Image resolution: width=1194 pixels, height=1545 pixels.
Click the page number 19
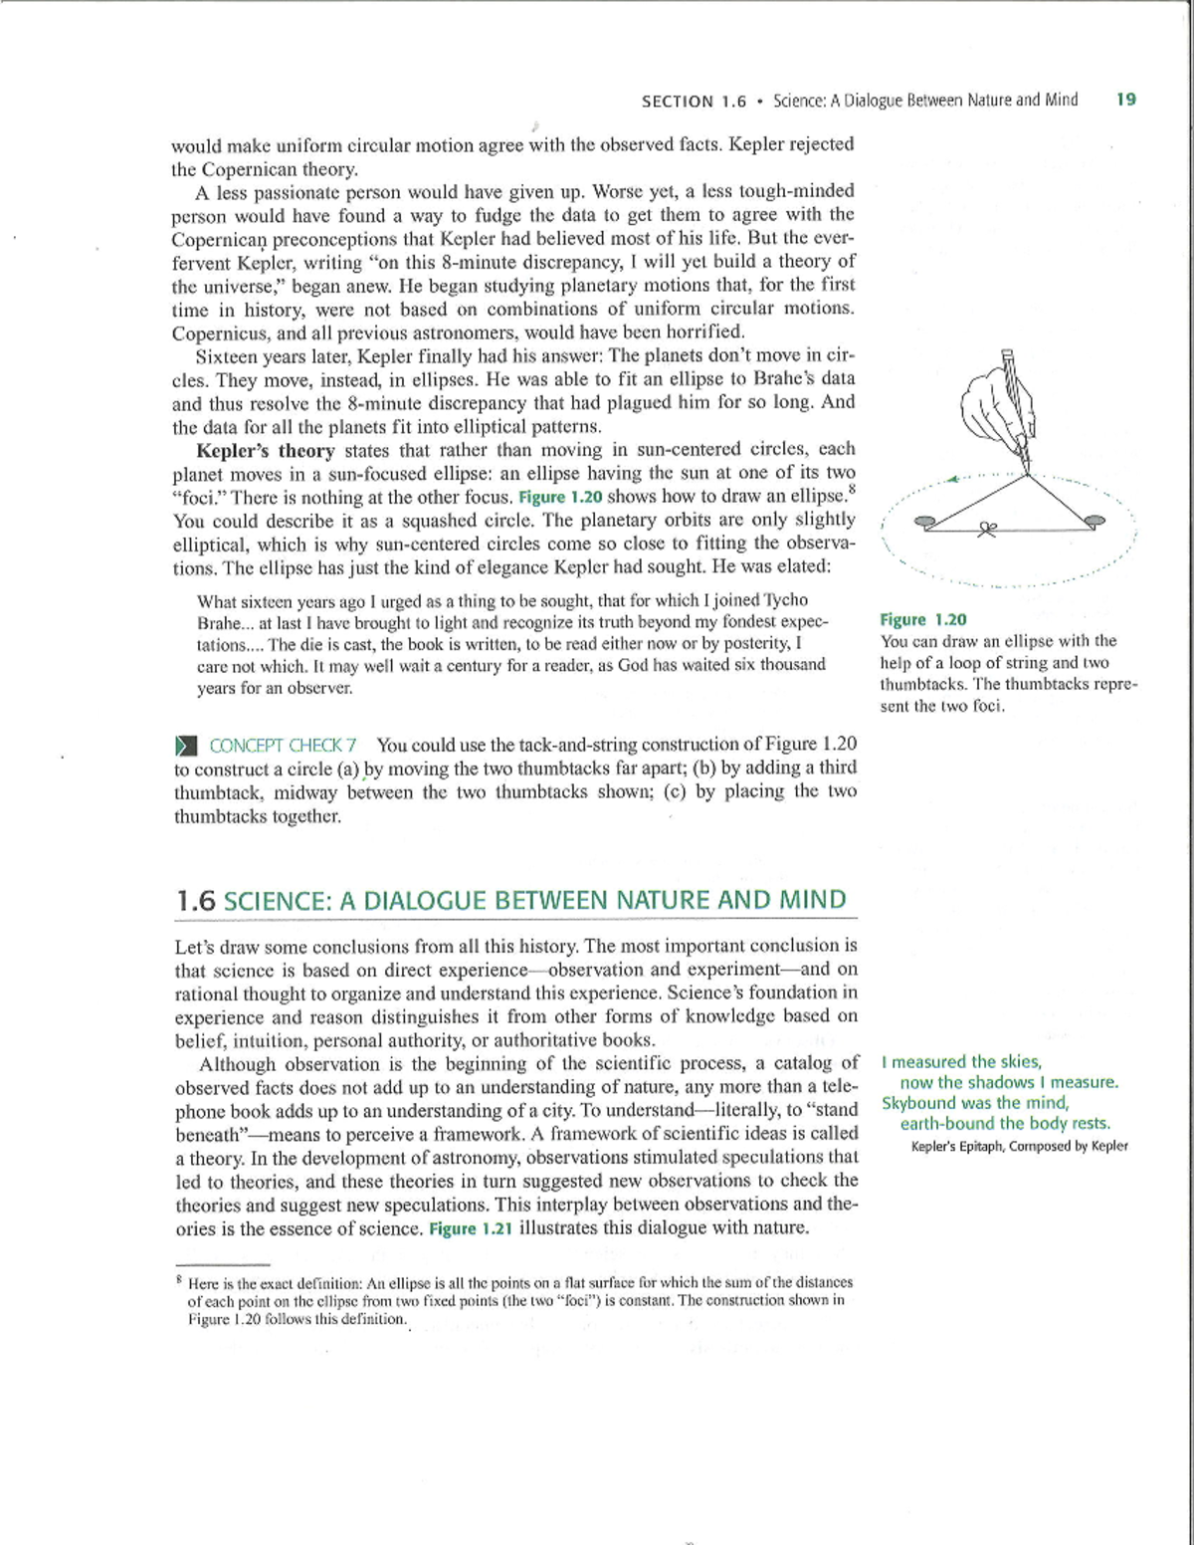coord(1125,100)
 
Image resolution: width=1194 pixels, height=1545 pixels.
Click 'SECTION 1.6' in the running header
coord(694,102)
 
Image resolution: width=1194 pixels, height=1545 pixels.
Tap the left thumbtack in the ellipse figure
coord(924,521)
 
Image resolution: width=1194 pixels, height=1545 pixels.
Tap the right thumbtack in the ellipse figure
coord(1094,520)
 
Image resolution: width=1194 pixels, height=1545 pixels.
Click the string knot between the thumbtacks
coord(987,529)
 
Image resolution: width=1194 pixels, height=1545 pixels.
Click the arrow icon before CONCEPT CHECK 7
coord(186,746)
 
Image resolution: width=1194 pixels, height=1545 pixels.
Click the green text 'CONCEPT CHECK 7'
coord(283,746)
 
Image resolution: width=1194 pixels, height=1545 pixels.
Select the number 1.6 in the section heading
coord(195,901)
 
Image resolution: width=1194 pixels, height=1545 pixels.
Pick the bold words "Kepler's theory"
coord(266,451)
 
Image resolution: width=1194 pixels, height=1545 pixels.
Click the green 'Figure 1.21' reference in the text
coord(470,1228)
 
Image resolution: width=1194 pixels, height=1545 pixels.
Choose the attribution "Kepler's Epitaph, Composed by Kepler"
coord(1019,1146)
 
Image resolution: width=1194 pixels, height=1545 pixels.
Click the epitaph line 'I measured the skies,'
coord(961,1062)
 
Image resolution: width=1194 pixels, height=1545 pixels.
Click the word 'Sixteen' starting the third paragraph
coord(226,356)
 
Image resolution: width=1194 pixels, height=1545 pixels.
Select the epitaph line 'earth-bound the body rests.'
coord(1005,1124)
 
